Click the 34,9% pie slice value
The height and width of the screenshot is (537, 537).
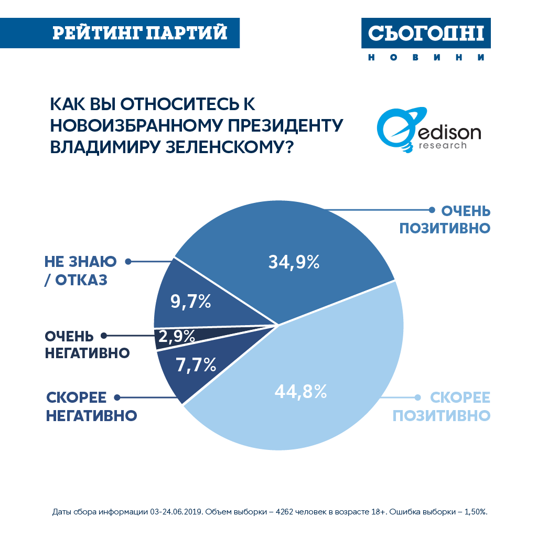click(x=294, y=262)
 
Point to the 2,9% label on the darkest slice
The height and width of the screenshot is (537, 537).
click(x=176, y=337)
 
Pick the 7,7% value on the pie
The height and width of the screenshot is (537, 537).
click(x=196, y=365)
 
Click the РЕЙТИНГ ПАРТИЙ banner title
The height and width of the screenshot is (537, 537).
click(x=140, y=33)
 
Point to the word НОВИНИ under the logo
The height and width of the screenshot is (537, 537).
click(x=426, y=58)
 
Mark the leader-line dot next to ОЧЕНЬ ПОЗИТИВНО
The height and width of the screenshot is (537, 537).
click(x=432, y=210)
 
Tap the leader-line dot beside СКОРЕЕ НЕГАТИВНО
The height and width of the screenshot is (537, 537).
click(x=117, y=397)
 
